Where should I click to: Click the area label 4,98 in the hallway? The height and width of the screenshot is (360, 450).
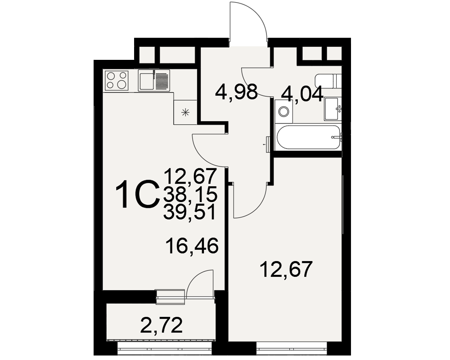point(236,92)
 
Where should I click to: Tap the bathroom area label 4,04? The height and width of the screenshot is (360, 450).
point(302,94)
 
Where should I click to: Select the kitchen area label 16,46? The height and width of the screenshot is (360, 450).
point(192,246)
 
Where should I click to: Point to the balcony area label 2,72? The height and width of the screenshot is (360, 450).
point(162,325)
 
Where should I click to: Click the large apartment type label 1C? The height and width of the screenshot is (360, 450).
point(137,194)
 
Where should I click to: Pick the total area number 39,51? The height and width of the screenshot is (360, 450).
point(190,213)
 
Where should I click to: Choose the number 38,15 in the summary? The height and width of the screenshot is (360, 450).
point(190,195)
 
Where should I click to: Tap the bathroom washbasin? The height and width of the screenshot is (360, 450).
point(333,109)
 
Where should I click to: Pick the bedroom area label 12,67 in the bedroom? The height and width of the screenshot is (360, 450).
point(286,269)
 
